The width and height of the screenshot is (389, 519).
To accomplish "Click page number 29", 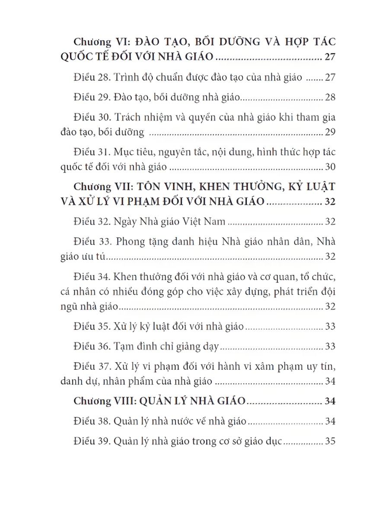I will pos(330,132).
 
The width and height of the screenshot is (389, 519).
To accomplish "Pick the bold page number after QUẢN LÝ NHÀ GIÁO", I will pos(330,401).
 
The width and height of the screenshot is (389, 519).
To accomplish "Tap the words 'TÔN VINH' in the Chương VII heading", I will pos(163,187).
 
